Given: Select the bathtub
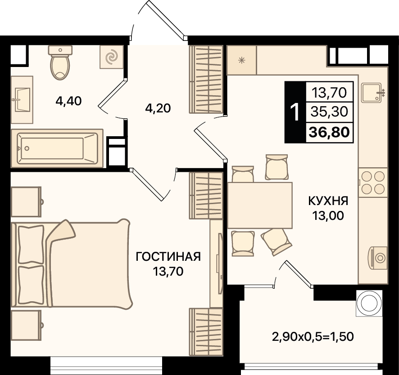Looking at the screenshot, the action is coord(57,148).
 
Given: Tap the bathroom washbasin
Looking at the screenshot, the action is coord(22,99).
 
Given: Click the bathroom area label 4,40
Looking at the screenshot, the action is coord(68,101).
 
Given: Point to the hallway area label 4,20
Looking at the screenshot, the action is coord(158,108).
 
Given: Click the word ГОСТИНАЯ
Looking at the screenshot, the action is coord(168,257).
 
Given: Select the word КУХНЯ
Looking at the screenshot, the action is coord(328,201).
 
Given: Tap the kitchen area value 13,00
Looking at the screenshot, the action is coord(328,216).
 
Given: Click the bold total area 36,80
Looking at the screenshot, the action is coord(329,132).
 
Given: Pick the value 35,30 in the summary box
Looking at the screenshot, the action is coord(329,112).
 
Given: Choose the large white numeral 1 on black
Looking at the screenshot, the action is coord(295,112).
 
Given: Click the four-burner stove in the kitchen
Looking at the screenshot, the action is coord(373,183).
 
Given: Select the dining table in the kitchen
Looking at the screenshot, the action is coord(259,205).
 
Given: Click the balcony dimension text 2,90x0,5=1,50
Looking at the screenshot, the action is coord(313,337).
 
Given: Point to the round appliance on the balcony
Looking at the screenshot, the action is coord(369,304).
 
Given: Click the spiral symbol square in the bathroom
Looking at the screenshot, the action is coord(112,57).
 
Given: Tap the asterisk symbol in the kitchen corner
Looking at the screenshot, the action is coord(241,60).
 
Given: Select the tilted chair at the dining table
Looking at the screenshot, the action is coord(277,241).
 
